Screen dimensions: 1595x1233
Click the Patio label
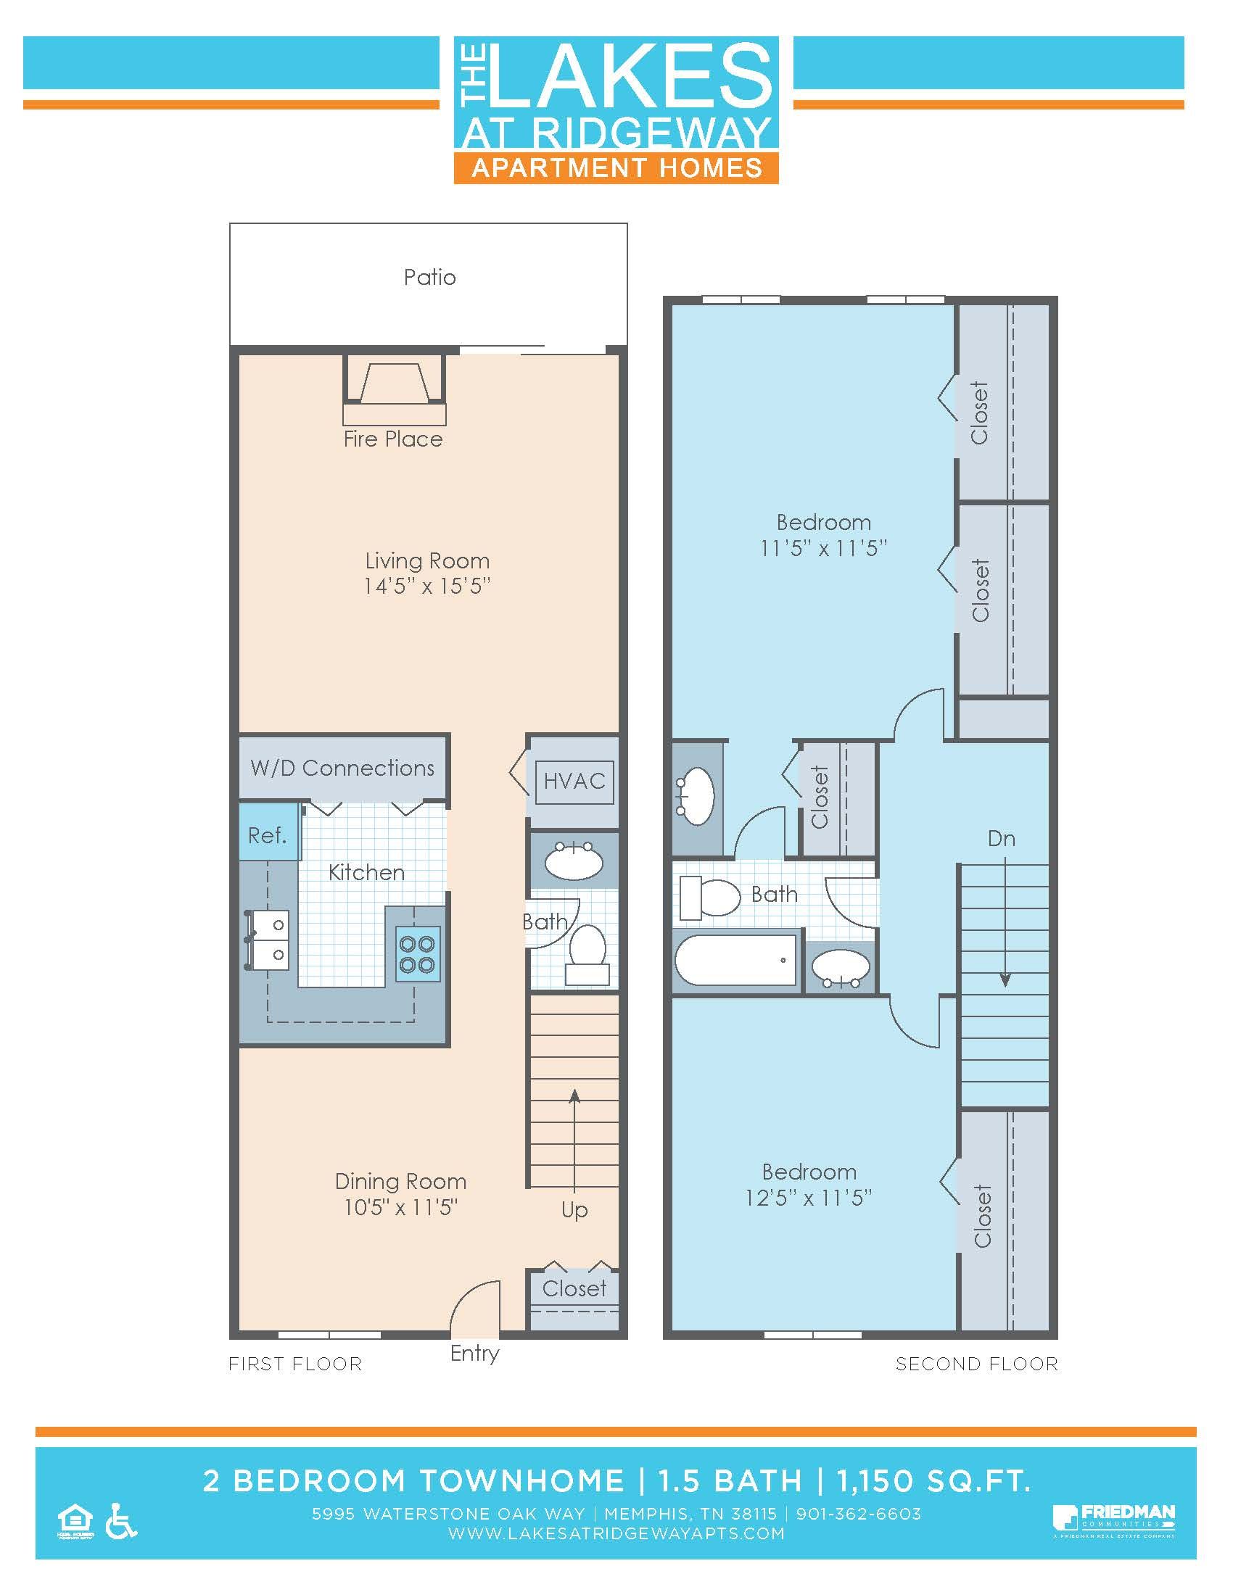(x=429, y=278)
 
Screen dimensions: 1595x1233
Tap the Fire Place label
(x=393, y=439)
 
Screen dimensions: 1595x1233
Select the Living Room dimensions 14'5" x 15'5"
(x=426, y=587)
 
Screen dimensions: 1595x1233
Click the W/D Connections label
(x=342, y=768)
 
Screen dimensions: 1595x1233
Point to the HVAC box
(x=574, y=782)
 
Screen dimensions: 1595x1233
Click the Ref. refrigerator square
(x=268, y=834)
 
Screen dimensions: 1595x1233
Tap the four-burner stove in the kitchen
(x=418, y=955)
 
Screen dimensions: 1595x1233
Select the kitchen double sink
(x=268, y=940)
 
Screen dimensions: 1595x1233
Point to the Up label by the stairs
(x=574, y=1210)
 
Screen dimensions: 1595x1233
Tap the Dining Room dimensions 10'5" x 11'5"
(x=400, y=1207)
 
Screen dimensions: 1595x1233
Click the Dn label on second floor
(x=1001, y=838)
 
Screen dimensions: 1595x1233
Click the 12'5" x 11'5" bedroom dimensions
(x=809, y=1198)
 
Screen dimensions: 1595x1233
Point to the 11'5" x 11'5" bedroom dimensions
(x=823, y=549)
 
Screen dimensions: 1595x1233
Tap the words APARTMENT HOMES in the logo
(x=616, y=168)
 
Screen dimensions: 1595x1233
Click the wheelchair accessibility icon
(x=121, y=1521)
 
